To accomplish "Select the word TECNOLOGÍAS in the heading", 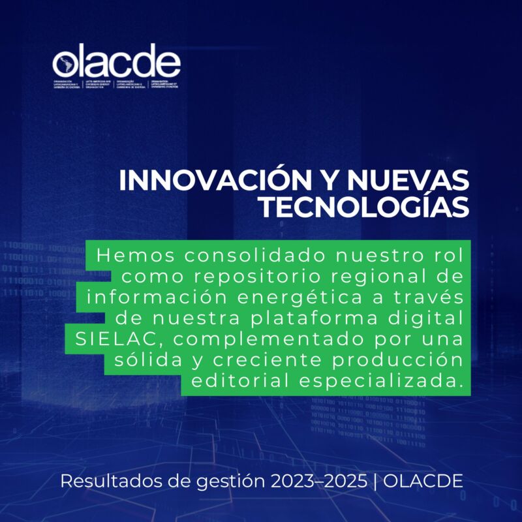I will point(363,206).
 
